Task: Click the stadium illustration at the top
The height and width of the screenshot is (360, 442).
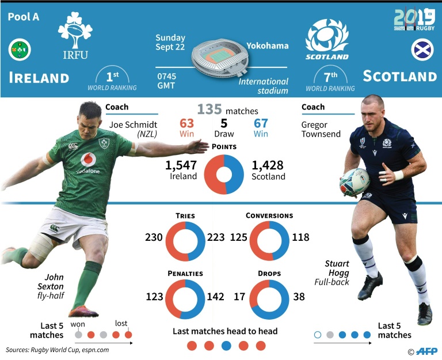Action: (x=220, y=58)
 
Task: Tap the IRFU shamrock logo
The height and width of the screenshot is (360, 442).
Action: (x=75, y=35)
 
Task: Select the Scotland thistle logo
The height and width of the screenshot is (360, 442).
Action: (x=327, y=39)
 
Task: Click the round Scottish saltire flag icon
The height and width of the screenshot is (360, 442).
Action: (x=422, y=50)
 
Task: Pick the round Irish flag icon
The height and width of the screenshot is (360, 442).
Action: (x=20, y=50)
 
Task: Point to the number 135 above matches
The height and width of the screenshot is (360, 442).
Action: (x=209, y=109)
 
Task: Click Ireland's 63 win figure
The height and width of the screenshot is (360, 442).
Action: (x=186, y=123)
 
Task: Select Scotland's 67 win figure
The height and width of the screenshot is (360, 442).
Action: (x=261, y=123)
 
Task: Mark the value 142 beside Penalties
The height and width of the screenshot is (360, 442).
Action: (x=216, y=297)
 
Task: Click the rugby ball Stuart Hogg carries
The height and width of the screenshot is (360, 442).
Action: (x=354, y=182)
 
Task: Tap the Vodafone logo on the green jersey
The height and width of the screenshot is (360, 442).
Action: (x=88, y=163)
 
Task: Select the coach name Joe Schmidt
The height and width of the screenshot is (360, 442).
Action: (x=133, y=124)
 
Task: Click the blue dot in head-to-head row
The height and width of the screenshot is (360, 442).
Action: (x=226, y=346)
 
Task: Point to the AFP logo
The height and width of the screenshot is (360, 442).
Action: (x=426, y=351)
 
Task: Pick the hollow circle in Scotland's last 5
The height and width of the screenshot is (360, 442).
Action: (x=318, y=335)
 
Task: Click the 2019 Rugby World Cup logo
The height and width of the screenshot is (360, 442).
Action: (x=414, y=20)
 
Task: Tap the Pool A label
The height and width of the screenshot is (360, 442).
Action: (x=24, y=17)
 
